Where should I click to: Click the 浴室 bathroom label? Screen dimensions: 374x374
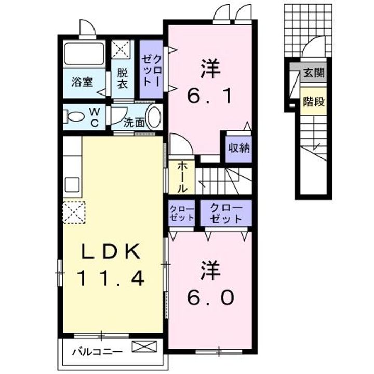tap(82, 82)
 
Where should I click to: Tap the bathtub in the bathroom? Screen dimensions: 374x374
tap(85, 54)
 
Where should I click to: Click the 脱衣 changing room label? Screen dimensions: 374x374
tap(123, 79)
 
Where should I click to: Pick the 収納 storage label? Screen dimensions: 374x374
tap(239, 148)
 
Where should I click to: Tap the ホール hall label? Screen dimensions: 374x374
tap(182, 177)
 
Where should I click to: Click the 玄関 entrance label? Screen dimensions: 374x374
tap(314, 72)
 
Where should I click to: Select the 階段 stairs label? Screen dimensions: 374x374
tap(314, 102)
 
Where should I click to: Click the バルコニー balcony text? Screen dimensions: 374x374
tap(97, 351)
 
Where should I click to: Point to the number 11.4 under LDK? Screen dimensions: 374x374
tap(110, 278)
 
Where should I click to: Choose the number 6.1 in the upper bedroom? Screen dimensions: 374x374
tap(210, 96)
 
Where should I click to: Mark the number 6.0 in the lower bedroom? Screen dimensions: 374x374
tap(210, 297)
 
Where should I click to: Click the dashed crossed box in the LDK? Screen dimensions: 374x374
tap(74, 212)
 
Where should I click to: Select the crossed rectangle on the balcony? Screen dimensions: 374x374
tap(144, 346)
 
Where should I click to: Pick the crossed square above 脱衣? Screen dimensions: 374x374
tap(121, 49)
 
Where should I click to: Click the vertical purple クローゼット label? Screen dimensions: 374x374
tap(151, 70)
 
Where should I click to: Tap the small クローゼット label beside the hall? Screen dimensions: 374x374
tap(182, 213)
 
